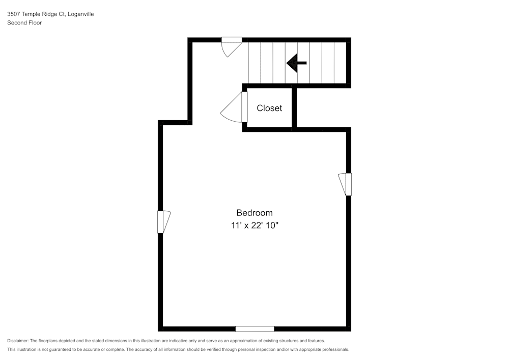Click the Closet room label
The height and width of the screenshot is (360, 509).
(269, 108)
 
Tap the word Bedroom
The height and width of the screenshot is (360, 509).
(254, 213)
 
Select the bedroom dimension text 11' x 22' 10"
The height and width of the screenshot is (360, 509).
(254, 226)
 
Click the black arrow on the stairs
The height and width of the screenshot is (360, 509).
(296, 63)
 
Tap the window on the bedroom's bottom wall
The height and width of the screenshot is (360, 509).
(254, 329)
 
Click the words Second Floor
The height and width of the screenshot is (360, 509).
(24, 23)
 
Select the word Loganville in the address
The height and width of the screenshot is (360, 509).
(80, 14)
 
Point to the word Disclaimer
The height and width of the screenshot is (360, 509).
(18, 341)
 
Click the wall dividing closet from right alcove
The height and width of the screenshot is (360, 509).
(294, 108)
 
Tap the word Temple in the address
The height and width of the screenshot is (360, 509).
(31, 14)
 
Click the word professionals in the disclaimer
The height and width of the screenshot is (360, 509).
(333, 349)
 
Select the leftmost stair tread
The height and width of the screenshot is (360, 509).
(254, 63)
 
